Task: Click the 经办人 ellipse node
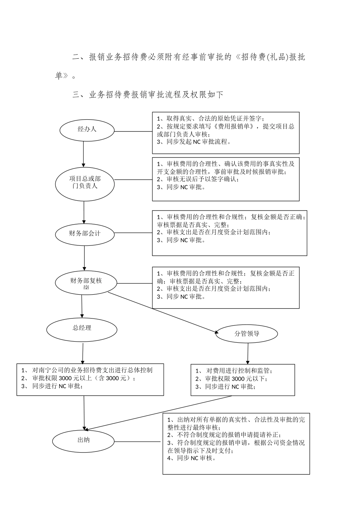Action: pyautogui.click(x=87, y=130)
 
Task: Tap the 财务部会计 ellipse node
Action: pyautogui.click(x=85, y=234)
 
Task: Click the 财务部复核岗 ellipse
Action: pyautogui.click(x=86, y=283)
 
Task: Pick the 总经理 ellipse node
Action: pyautogui.click(x=82, y=328)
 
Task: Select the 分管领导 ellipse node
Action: pyautogui.click(x=247, y=334)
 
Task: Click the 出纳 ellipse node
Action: pyautogui.click(x=83, y=440)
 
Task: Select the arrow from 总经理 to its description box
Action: pyautogui.click(x=83, y=353)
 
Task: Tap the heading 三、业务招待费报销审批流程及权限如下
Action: pyautogui.click(x=148, y=95)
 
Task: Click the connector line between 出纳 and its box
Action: pyautogui.click(x=138, y=441)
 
